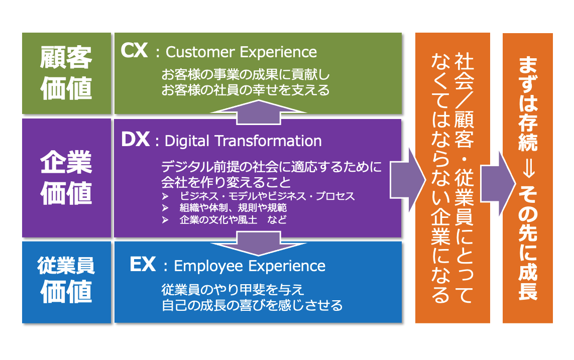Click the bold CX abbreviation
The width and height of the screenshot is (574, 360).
pyautogui.click(x=134, y=51)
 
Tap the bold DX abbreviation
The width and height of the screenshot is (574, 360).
pyautogui.click(x=135, y=140)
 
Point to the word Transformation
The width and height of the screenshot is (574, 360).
pyautogui.click(x=268, y=141)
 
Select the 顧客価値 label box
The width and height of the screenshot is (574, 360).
pyautogui.click(x=67, y=73)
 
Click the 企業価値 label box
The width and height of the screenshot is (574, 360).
pyautogui.click(x=67, y=178)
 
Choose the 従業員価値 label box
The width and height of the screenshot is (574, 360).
pyautogui.click(x=67, y=282)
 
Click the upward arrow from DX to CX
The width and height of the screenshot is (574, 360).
pyautogui.click(x=259, y=111)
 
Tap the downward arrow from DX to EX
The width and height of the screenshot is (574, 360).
pyautogui.click(x=259, y=244)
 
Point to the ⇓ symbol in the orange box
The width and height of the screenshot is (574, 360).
pyautogui.click(x=527, y=169)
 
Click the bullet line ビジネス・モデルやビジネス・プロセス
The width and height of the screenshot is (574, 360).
pyautogui.click(x=267, y=196)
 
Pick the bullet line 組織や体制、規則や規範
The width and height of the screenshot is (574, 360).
pyautogui.click(x=233, y=208)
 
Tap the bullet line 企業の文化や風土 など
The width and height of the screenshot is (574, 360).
pyautogui.click(x=233, y=219)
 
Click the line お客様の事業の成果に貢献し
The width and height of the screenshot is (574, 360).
pyautogui.click(x=246, y=74)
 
